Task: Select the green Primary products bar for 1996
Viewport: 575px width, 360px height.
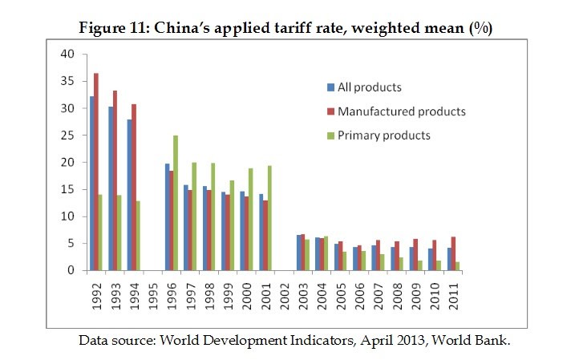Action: [175, 203]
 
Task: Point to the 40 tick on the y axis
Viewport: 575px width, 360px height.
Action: [67, 54]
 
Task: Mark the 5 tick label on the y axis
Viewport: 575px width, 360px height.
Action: [71, 243]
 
